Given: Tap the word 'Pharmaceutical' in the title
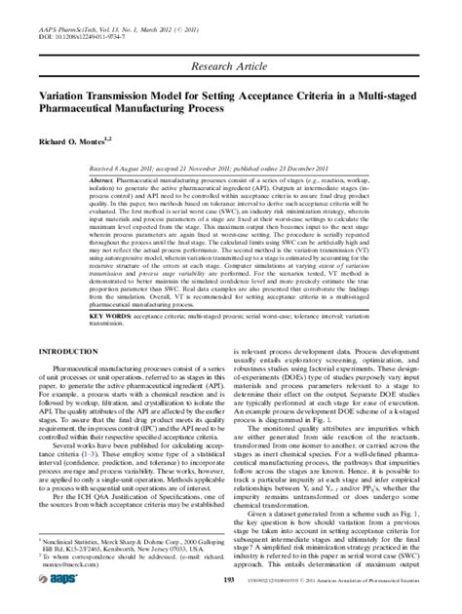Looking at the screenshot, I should click(x=74, y=111).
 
